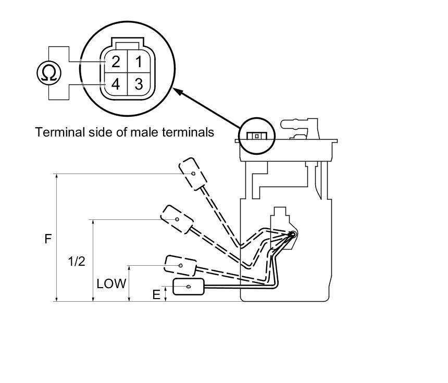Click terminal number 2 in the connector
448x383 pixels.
(x=115, y=62)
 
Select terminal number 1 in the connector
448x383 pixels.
(x=138, y=62)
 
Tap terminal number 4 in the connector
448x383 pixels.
(x=115, y=84)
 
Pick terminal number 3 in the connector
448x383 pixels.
(x=138, y=84)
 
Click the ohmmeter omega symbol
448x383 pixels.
(x=48, y=73)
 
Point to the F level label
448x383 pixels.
(x=48, y=239)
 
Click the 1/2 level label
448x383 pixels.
(x=76, y=261)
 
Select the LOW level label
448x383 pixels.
(x=111, y=284)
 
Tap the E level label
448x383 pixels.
(x=156, y=295)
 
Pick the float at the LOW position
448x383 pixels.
(x=180, y=265)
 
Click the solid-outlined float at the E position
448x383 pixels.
(x=189, y=287)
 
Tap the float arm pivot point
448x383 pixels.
(x=292, y=234)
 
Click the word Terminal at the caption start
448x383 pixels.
(x=54, y=132)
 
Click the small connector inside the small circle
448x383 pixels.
(x=256, y=135)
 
